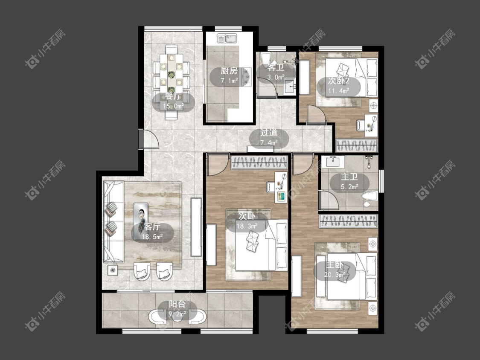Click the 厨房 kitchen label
(x=229, y=71)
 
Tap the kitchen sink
(x=227, y=38)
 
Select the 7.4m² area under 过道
(x=269, y=142)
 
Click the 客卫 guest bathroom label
(x=276, y=67)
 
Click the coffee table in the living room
(x=141, y=213)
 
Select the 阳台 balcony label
(x=177, y=304)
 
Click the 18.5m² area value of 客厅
(x=152, y=236)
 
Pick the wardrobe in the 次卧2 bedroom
(x=357, y=145)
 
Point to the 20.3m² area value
(x=335, y=275)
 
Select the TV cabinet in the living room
(x=196, y=227)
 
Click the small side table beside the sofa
(x=113, y=270)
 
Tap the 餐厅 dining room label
(x=173, y=96)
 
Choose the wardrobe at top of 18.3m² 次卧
(x=259, y=162)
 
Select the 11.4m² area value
(x=339, y=91)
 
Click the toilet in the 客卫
(x=266, y=59)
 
